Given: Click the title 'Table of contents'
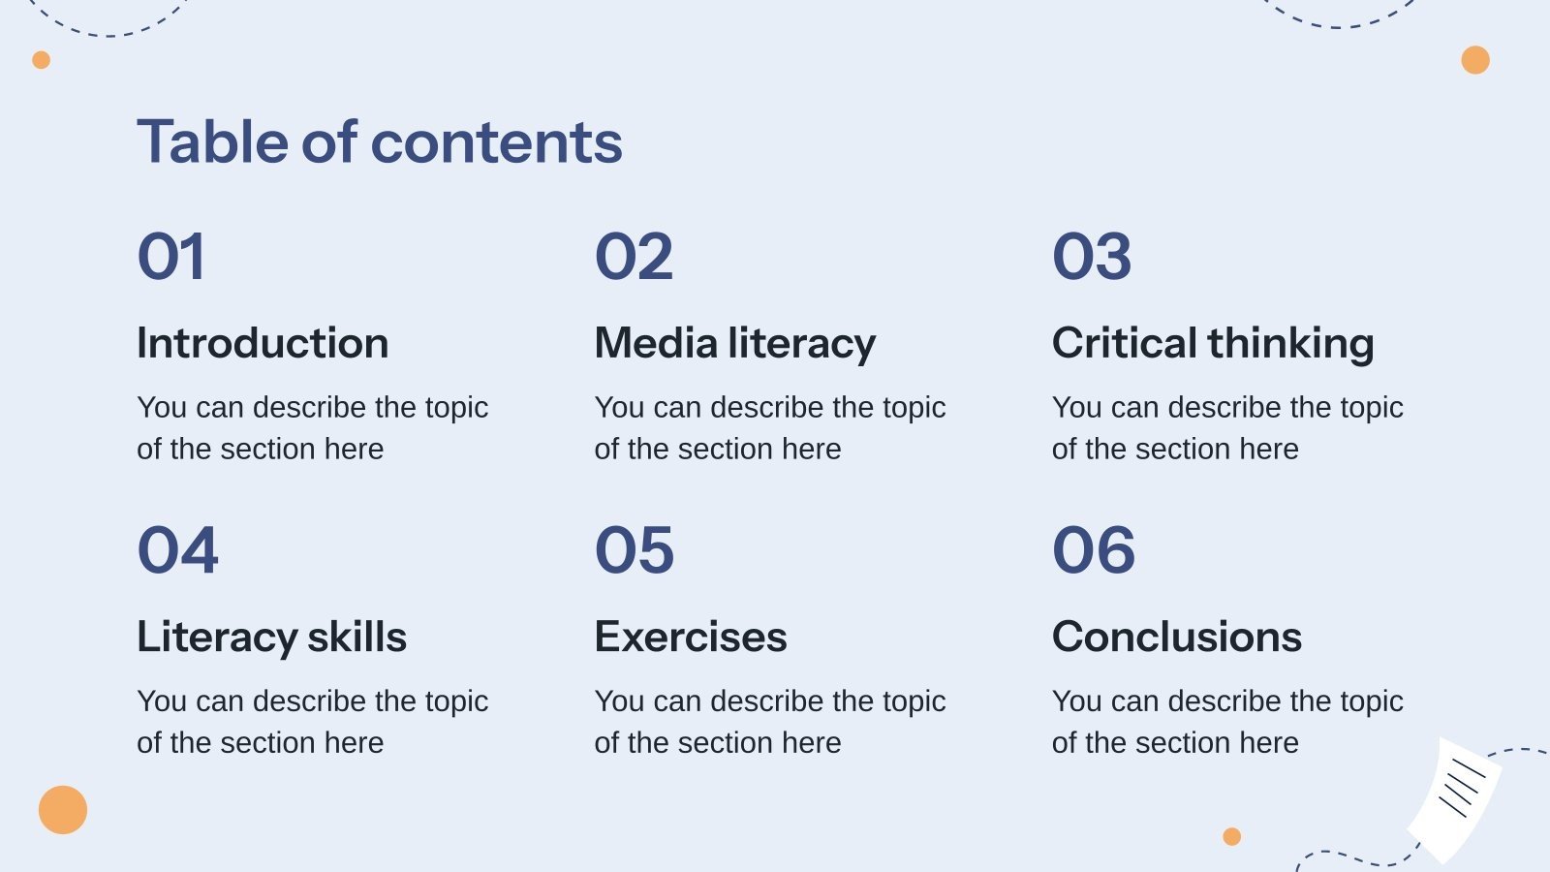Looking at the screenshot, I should [x=380, y=142].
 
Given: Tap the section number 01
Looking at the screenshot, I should [x=171, y=257].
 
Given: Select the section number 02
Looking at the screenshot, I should [x=634, y=257].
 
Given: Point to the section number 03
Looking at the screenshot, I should [x=1092, y=257].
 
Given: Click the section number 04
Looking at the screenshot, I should [x=178, y=550].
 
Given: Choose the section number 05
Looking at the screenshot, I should [x=635, y=550].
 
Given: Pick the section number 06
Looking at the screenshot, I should [x=1094, y=550].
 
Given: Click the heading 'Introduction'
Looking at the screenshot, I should [x=263, y=343].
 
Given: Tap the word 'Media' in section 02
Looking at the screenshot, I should [x=656, y=343].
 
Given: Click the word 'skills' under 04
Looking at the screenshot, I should [x=356, y=637].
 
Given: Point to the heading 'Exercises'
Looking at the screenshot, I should [x=691, y=637].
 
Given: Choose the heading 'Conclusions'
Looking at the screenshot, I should [x=1177, y=637].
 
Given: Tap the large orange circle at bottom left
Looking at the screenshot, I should [x=63, y=810].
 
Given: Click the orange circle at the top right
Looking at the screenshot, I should [x=1475, y=60].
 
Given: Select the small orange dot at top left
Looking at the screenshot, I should [x=41, y=60].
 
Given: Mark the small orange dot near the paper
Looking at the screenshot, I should [x=1232, y=836].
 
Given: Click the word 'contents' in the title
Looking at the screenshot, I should [x=496, y=142].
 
